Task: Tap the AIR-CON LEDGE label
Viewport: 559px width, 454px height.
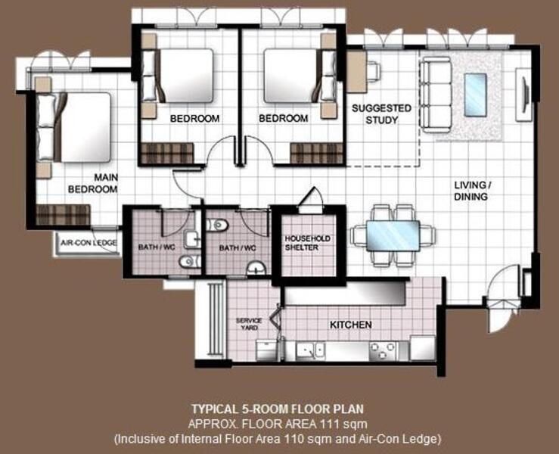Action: pyautogui.click(x=85, y=243)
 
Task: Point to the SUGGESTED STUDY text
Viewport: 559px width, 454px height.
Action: pyautogui.click(x=381, y=114)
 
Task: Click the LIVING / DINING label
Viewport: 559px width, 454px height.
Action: pyautogui.click(x=470, y=191)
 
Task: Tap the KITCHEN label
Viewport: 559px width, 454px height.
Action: pyautogui.click(x=350, y=325)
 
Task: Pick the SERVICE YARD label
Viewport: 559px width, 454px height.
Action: pyautogui.click(x=248, y=324)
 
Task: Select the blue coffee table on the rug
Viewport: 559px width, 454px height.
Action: pyautogui.click(x=475, y=95)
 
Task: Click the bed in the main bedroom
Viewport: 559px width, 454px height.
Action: pyautogui.click(x=76, y=127)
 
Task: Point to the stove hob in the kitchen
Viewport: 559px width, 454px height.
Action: pyautogui.click(x=382, y=350)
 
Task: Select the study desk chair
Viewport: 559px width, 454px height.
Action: pyautogui.click(x=373, y=70)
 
